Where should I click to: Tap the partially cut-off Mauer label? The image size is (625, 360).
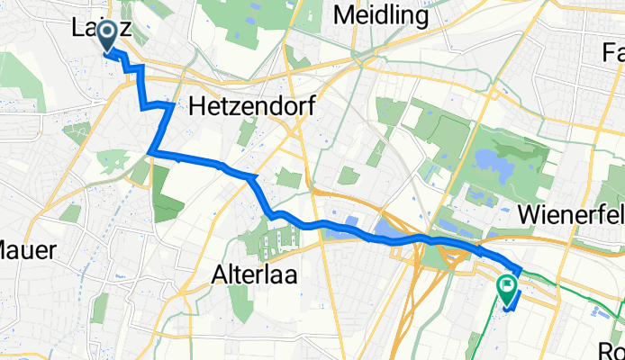pos(27,248)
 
